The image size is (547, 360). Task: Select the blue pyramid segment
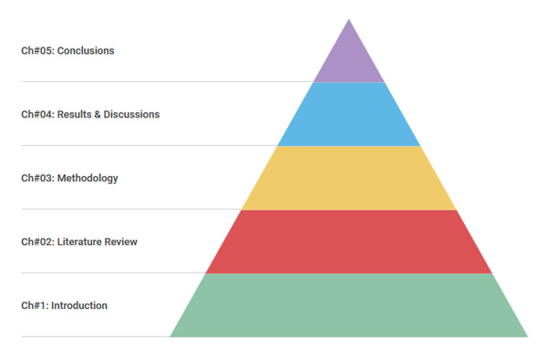click(x=349, y=114)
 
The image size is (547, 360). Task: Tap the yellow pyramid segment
click(x=349, y=178)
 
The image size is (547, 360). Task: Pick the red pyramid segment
click(x=349, y=242)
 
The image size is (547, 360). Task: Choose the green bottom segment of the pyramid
click(x=349, y=305)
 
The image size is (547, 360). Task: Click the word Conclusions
click(x=86, y=51)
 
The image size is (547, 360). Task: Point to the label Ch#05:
click(x=37, y=51)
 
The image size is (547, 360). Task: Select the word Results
click(x=77, y=115)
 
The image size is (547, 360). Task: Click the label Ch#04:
click(x=37, y=115)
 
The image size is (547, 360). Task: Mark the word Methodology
click(x=88, y=179)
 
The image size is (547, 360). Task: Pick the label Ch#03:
click(x=37, y=179)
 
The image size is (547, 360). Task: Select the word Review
click(x=122, y=242)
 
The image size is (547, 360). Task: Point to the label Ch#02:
click(x=37, y=242)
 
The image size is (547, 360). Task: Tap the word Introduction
click(x=79, y=306)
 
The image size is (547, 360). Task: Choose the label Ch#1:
click(x=35, y=306)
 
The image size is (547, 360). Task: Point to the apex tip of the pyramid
click(x=349, y=20)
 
